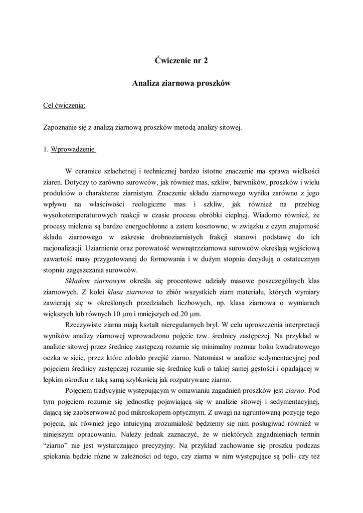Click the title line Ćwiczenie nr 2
pos(181,61)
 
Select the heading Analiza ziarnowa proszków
pos(181,83)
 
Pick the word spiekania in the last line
pos(58,457)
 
